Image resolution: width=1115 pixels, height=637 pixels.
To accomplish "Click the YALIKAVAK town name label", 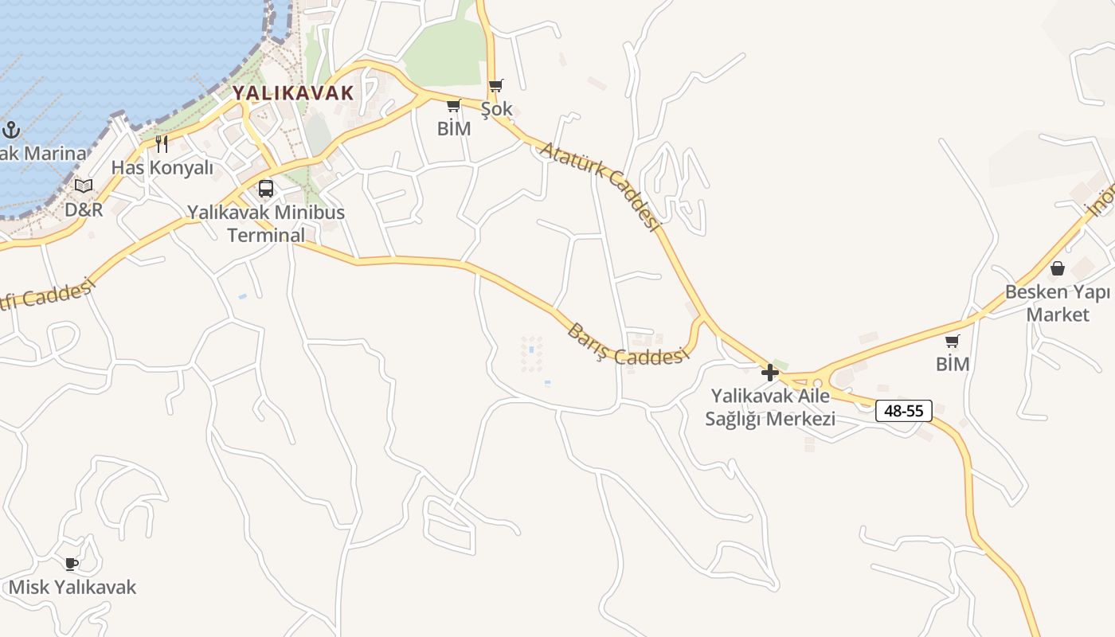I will (x=293, y=92).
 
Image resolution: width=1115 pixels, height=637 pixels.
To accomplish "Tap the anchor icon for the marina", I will (x=11, y=130).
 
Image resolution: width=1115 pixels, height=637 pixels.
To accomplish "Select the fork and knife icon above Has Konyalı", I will (x=162, y=143).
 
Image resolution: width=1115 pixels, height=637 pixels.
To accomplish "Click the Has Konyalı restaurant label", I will (x=162, y=167).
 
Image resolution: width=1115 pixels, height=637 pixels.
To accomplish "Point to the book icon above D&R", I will (x=84, y=186).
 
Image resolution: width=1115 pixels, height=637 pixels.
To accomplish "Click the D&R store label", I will (x=84, y=209).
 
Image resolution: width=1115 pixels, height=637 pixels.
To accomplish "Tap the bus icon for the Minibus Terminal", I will (x=266, y=189).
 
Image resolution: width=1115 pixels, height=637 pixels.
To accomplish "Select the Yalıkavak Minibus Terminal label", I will (x=266, y=224).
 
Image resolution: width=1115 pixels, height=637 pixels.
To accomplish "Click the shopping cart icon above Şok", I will (x=496, y=85).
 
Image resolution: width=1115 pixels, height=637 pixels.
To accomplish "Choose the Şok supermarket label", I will (x=496, y=108).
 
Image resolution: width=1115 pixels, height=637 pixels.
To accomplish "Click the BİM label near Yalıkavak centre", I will (x=454, y=128).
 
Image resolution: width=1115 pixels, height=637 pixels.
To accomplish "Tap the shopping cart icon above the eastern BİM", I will (x=953, y=342).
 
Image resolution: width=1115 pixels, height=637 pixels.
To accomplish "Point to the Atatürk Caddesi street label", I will (x=601, y=187).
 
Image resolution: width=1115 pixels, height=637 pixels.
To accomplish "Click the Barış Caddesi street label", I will (x=626, y=345).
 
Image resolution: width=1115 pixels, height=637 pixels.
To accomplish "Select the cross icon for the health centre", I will (x=770, y=372).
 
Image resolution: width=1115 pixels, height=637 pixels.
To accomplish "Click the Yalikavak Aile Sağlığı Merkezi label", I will (x=770, y=407).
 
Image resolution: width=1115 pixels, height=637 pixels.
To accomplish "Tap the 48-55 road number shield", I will (x=904, y=411).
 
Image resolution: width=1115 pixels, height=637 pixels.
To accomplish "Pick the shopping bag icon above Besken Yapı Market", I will (x=1058, y=268).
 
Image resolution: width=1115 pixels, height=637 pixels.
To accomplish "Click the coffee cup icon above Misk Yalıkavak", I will (x=72, y=564).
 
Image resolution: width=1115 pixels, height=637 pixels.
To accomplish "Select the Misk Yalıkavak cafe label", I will (x=72, y=588).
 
